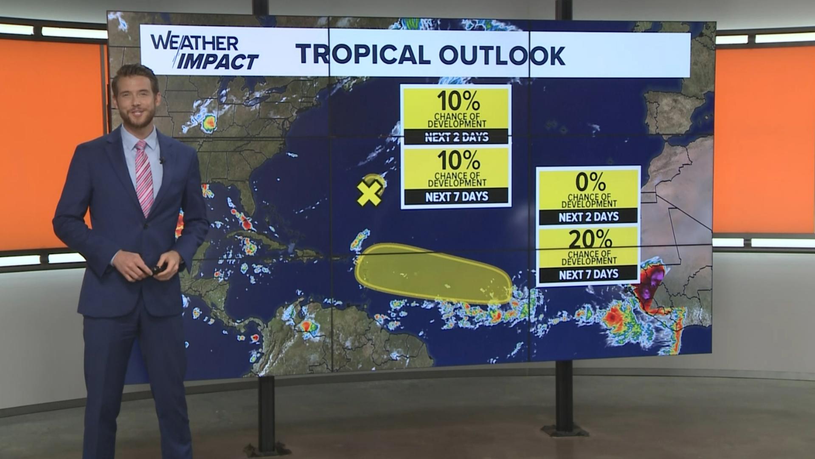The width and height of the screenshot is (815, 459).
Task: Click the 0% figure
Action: pos(590,183)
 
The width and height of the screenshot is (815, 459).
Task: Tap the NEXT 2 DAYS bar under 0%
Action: pos(588,217)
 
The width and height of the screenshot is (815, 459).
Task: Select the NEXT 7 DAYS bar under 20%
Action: pos(588,274)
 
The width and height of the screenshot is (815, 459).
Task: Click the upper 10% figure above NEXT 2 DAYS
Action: pos(458,101)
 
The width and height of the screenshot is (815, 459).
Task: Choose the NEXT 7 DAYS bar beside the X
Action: pos(456,196)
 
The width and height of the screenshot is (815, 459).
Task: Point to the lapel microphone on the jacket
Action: pos(162,161)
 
